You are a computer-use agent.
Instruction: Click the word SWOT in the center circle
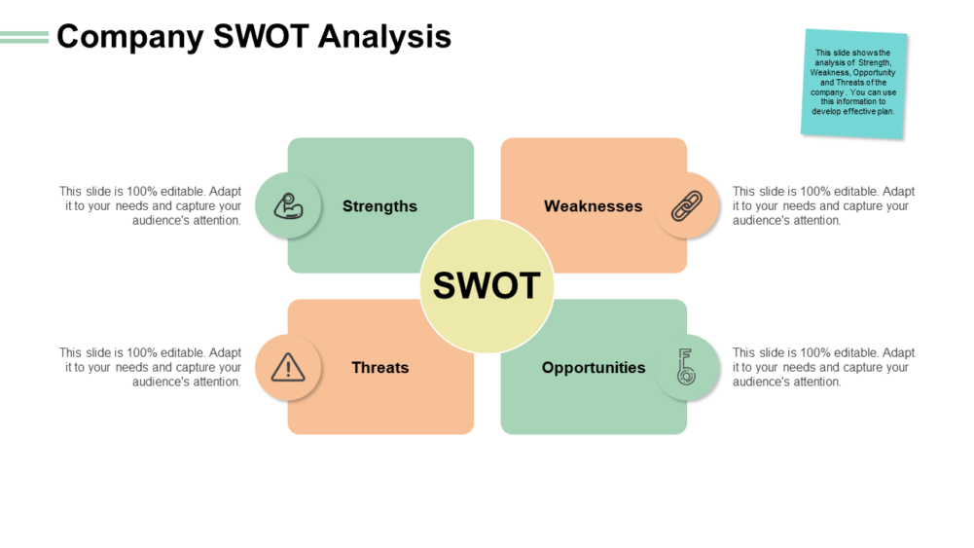click(x=487, y=285)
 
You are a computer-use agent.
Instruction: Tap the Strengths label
click(x=379, y=206)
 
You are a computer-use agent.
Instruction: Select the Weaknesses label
click(x=593, y=206)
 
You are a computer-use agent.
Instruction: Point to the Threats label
click(x=379, y=368)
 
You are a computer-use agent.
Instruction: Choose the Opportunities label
click(x=593, y=368)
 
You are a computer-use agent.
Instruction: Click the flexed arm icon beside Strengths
click(x=288, y=206)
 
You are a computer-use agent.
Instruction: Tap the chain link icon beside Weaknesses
click(x=687, y=206)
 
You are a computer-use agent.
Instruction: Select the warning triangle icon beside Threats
click(x=288, y=368)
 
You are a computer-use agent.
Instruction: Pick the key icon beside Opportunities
click(x=687, y=368)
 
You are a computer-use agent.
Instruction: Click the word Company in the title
click(x=129, y=37)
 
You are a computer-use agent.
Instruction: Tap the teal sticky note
click(x=854, y=83)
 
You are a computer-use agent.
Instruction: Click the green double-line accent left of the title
click(x=24, y=37)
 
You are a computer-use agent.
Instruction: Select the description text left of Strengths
click(x=151, y=206)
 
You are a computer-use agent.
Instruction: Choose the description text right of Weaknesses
click(x=823, y=206)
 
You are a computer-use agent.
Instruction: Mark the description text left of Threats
click(x=151, y=368)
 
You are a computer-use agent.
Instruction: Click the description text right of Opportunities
click(x=823, y=368)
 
